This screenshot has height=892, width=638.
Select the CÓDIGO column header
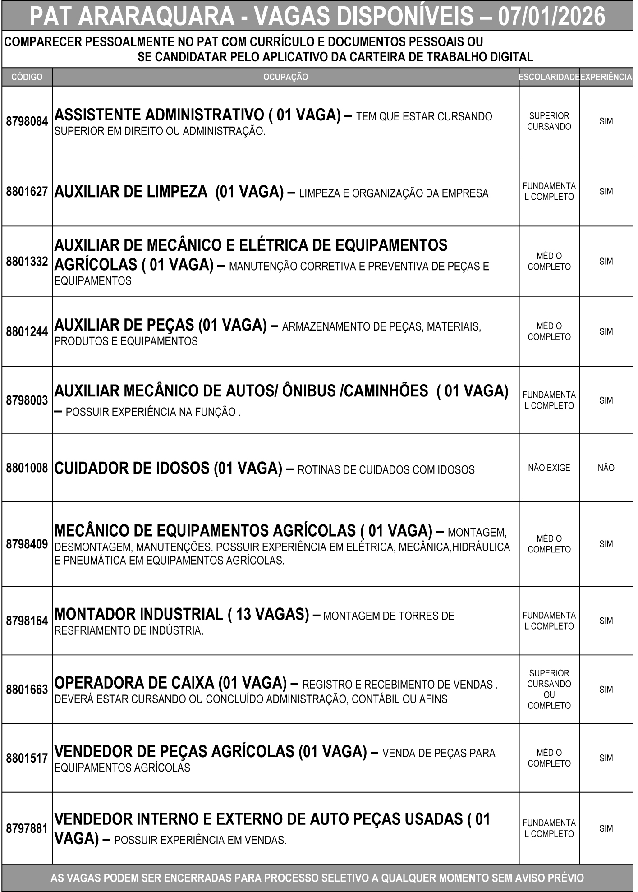pos(27,77)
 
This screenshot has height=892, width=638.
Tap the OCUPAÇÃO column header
pos(285,77)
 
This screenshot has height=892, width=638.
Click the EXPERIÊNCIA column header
pos(606,77)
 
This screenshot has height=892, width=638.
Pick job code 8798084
pos(27,121)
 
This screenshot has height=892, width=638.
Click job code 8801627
pos(27,192)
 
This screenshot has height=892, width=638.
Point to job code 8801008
pos(27,468)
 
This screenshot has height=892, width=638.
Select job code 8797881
pos(27,828)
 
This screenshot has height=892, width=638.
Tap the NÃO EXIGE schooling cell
pos(549,468)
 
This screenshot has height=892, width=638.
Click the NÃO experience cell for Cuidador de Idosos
pos(606,468)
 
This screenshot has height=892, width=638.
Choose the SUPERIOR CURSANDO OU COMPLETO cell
pos(549,689)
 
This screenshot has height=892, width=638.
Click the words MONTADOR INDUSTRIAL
pos(139,614)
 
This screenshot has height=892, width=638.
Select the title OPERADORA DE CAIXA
pos(134,683)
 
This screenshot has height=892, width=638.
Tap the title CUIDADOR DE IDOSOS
pos(132,468)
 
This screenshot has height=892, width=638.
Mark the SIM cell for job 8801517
pos(606,759)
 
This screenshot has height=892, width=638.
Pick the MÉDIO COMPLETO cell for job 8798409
pos(549,544)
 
